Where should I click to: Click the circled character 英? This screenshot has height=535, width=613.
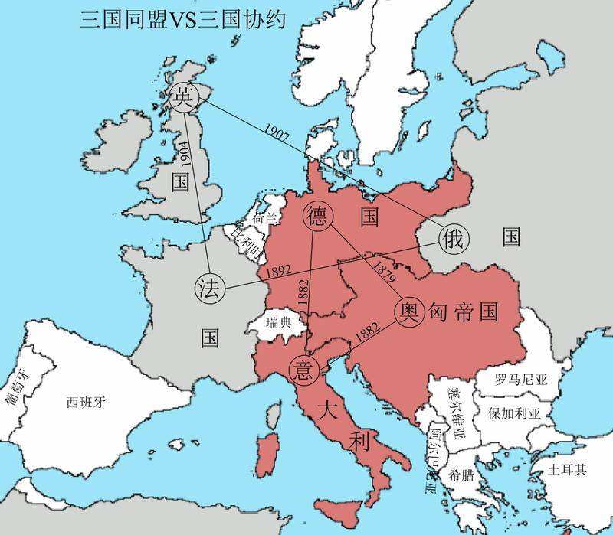(x=182, y=97)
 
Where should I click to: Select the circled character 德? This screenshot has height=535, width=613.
(x=317, y=217)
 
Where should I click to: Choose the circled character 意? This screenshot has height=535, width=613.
(x=302, y=370)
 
